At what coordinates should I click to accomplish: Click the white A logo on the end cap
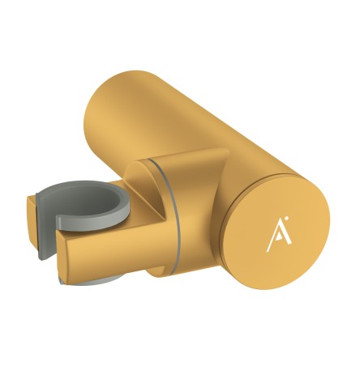click(x=276, y=234)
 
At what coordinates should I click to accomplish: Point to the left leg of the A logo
click(x=270, y=236)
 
